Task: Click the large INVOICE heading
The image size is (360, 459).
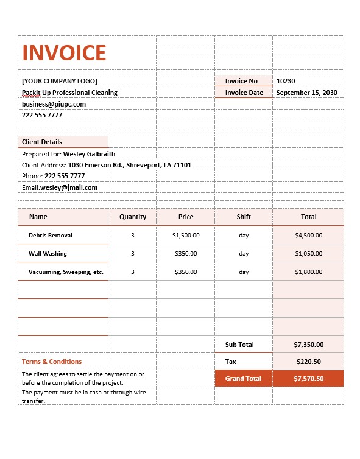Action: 64,53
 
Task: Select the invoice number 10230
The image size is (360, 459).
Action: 286,81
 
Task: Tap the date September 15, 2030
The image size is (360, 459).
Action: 306,93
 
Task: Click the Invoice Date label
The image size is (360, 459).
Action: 244,93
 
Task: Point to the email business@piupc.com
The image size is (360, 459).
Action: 54,104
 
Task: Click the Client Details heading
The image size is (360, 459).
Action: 42,142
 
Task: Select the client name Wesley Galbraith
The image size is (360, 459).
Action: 89,154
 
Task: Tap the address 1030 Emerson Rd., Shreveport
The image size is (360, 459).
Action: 129,165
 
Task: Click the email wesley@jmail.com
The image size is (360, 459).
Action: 69,187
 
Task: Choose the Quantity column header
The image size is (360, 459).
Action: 133,217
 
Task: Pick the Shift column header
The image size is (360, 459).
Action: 244,217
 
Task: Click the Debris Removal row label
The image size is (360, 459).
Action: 51,235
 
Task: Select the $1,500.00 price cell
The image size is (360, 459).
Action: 186,235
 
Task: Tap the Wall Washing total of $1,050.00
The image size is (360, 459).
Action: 308,253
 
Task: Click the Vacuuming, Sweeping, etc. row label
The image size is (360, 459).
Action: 66,272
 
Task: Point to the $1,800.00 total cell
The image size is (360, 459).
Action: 308,272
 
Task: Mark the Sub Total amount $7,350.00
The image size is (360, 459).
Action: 308,345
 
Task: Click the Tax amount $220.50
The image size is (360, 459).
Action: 308,362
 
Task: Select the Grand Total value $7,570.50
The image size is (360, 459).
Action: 308,379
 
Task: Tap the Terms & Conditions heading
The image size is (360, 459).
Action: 52,362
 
